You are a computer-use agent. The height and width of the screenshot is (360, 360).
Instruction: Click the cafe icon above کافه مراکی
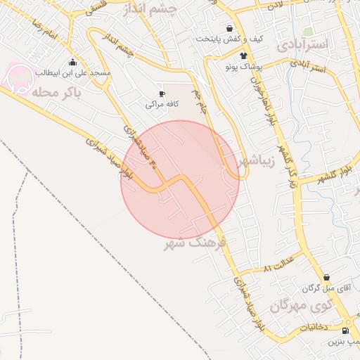(x=162, y=94)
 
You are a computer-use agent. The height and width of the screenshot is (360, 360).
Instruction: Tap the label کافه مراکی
(x=162, y=104)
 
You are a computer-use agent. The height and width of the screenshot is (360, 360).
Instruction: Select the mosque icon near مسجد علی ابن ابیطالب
(x=72, y=63)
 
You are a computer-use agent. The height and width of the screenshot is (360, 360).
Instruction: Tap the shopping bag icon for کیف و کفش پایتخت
(x=229, y=28)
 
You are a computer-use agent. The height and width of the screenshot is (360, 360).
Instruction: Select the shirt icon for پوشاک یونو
(x=243, y=56)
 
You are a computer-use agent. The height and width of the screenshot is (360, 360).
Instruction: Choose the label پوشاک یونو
(x=243, y=67)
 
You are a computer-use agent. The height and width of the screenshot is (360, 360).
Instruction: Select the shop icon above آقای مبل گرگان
(x=327, y=278)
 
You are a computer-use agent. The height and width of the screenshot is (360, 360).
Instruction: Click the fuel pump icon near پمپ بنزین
(x=345, y=330)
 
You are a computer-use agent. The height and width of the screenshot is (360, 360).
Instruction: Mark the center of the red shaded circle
(x=180, y=180)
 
